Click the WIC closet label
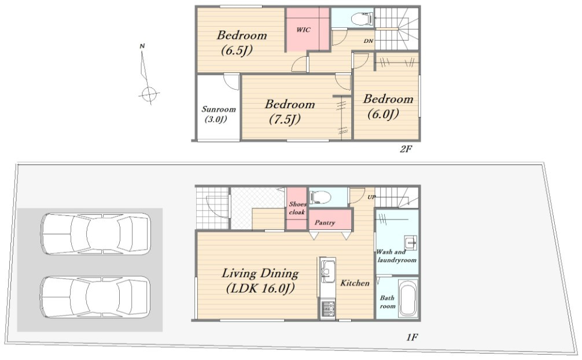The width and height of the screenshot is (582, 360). tap(303, 30)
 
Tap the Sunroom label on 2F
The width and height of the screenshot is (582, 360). tap(218, 114)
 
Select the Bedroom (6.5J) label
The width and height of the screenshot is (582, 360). tap(241, 42)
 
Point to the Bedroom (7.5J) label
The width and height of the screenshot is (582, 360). tap(289, 112)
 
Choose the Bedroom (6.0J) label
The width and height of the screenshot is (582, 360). tap(388, 106)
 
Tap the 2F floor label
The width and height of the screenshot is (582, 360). tap(406, 149)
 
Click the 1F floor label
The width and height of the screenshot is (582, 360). tap(412, 337)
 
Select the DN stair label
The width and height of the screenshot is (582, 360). tap(368, 41)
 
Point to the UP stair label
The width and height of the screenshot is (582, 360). tap(371, 197)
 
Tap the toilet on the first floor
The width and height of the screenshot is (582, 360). tap(320, 197)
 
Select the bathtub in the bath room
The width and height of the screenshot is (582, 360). tap(408, 299)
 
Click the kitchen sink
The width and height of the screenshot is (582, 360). tap(328, 269)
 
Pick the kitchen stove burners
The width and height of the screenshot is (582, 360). tap(328, 309)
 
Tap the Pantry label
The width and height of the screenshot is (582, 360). tap(325, 222)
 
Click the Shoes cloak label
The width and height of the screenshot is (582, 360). tap(297, 208)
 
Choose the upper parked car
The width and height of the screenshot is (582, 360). tap(95, 234)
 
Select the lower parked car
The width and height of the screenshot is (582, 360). tap(95, 296)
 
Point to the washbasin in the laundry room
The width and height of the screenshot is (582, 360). tap(411, 243)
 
